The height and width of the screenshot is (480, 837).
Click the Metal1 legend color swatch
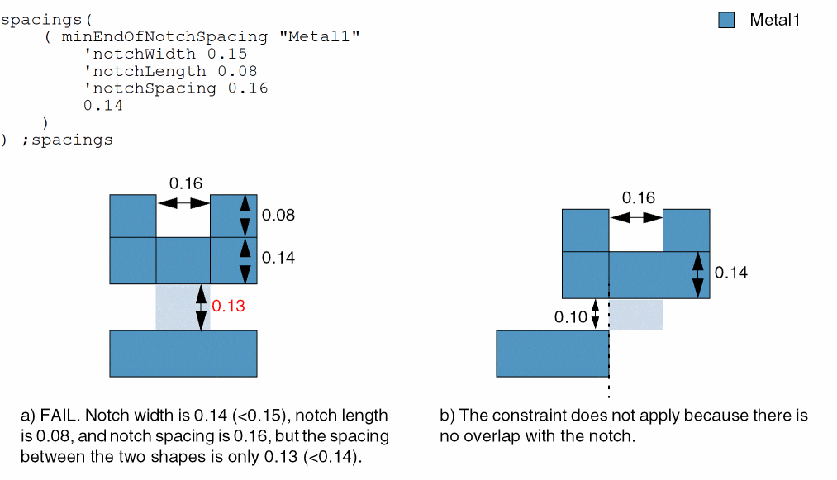tap(726, 21)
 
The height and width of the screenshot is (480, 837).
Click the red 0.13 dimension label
tap(228, 307)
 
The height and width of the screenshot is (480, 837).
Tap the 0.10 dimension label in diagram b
tap(570, 317)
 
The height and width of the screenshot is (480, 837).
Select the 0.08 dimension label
tap(278, 216)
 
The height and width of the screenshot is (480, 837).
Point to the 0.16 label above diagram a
tap(185, 183)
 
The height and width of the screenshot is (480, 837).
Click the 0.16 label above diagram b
tap(638, 197)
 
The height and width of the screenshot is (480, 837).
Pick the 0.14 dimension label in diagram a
tap(278, 258)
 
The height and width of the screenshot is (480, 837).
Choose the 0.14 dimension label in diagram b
tap(730, 273)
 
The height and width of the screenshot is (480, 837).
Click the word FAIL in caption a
tap(59, 415)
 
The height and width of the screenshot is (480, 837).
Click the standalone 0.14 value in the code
tap(102, 105)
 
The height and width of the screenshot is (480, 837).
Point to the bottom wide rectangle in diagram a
tap(183, 354)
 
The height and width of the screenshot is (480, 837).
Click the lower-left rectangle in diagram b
tap(552, 354)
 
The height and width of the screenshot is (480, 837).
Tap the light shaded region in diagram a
tap(183, 307)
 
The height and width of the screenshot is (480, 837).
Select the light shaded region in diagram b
tap(636, 314)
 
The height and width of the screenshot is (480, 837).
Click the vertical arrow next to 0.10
tap(595, 315)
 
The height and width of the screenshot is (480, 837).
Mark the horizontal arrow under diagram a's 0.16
tap(183, 202)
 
